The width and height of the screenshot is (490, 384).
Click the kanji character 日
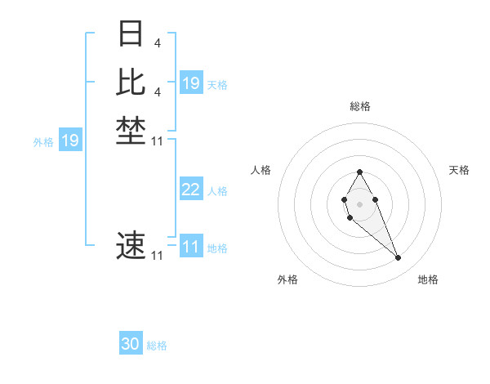tap(131, 34)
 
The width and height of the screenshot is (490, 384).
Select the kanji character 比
tap(131, 83)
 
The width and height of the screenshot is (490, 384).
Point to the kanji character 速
tap(131, 244)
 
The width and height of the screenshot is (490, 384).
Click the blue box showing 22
tap(191, 190)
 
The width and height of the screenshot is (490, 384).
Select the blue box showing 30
tap(131, 344)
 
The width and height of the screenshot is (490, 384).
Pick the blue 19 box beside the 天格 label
tap(191, 83)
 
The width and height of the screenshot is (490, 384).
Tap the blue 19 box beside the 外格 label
tap(70, 141)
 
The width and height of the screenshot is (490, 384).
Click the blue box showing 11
tap(191, 247)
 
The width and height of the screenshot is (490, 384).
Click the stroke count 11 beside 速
tap(157, 256)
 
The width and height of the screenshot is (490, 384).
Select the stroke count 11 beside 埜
tap(157, 141)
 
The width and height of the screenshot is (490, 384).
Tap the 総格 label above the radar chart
tap(360, 106)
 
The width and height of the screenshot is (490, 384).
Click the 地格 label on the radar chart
tap(428, 279)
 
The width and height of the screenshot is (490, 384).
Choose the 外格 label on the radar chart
tap(287, 279)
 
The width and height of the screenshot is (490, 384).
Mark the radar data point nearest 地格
tap(399, 258)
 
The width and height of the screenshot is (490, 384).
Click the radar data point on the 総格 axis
tap(360, 172)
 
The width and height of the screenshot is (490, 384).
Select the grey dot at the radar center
tap(360, 203)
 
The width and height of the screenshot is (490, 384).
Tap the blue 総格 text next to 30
tap(157, 346)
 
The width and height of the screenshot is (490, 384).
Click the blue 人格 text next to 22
tap(217, 191)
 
